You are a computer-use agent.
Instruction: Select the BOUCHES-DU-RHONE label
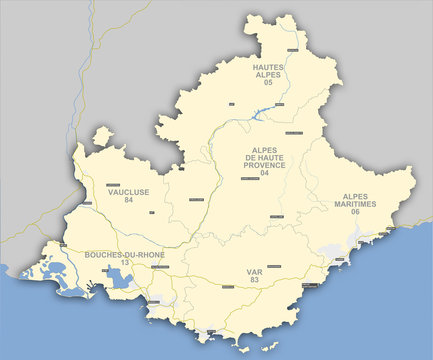(x=125, y=255)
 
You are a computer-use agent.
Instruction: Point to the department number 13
(x=125, y=263)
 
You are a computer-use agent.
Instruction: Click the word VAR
(x=254, y=271)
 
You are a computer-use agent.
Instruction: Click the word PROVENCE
(x=265, y=165)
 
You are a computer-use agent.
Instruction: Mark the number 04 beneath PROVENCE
(x=265, y=173)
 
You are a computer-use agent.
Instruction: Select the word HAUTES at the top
(x=268, y=65)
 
